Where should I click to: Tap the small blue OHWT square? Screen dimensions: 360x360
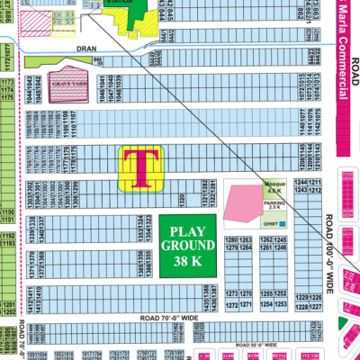coord(282,222)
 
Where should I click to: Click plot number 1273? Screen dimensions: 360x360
coord(230,294)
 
